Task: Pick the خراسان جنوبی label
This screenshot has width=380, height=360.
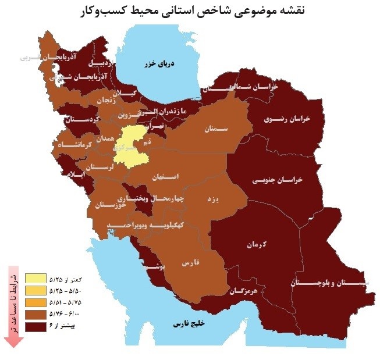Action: click(278, 181)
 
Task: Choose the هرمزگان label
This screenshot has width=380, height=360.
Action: click(245, 290)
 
